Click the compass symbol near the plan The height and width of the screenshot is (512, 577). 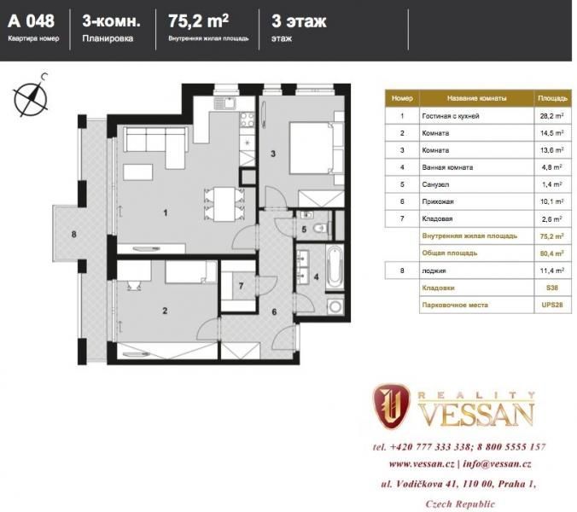tap(31, 96)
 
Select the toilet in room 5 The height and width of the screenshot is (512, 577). tap(321, 229)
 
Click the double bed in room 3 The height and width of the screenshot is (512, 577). tap(317, 148)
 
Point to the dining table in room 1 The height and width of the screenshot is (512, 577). tap(224, 204)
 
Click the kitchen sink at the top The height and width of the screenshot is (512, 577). tap(224, 103)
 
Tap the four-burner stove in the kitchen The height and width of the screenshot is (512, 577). tap(248, 119)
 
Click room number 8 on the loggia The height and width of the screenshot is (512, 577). tap(74, 234)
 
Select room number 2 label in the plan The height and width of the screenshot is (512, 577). tap(165, 311)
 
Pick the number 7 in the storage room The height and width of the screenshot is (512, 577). tap(241, 286)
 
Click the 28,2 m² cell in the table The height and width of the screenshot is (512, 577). tap(552, 116)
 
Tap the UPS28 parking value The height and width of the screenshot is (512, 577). tap(552, 305)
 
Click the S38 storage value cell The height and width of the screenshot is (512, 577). tap(552, 288)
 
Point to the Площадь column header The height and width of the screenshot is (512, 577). tap(552, 98)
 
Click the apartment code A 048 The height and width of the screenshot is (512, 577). tap(32, 21)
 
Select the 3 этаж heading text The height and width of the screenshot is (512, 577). tap(299, 21)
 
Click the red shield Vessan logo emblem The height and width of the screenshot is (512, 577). tap(391, 406)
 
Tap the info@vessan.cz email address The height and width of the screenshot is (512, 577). tap(497, 464)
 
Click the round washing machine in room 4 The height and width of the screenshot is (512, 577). tap(335, 306)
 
